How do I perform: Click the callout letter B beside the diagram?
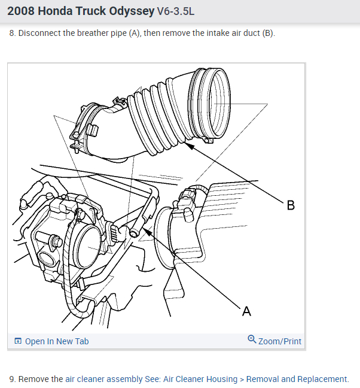291,205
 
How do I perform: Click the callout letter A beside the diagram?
246,311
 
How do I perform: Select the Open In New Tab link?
56,341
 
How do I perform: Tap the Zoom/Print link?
279,341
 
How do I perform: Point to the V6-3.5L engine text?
176,11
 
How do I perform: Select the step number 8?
11,33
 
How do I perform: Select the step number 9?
11,379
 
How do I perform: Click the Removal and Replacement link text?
297,379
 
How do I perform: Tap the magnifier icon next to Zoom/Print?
252,340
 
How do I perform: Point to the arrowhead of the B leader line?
187,144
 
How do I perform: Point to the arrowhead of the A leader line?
144,228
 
